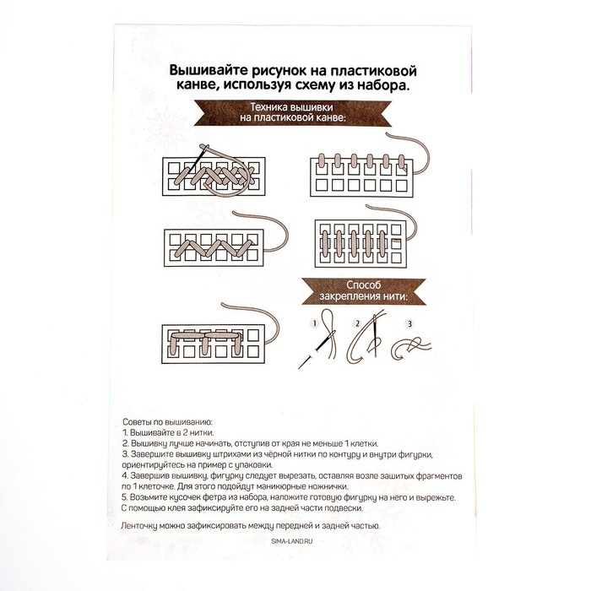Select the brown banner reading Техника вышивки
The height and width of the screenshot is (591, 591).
pyautogui.click(x=293, y=112)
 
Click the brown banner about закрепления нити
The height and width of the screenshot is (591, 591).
pyautogui.click(x=364, y=291)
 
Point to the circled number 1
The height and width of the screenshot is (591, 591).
pyautogui.click(x=314, y=323)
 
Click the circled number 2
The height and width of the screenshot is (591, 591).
pyautogui.click(x=357, y=323)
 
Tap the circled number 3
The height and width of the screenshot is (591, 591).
pyautogui.click(x=409, y=323)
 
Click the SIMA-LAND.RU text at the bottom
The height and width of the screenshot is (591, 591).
pyautogui.click(x=292, y=541)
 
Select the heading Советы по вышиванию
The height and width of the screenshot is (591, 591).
pyautogui.click(x=167, y=422)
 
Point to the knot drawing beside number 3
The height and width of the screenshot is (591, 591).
pyautogui.click(x=411, y=348)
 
